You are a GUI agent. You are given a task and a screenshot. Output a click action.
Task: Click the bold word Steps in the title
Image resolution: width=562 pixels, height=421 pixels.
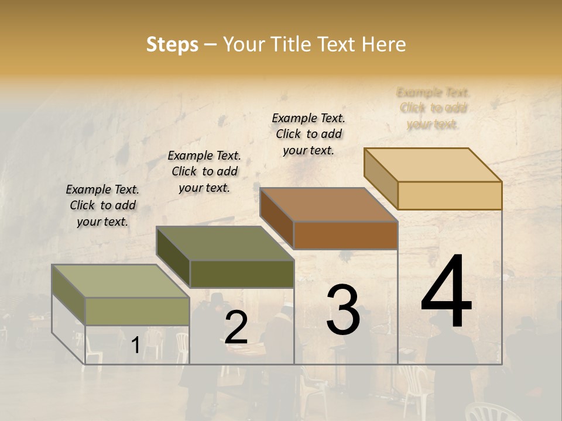[172, 44]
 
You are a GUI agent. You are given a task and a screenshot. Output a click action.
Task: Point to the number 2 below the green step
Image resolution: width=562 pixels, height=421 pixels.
[236, 327]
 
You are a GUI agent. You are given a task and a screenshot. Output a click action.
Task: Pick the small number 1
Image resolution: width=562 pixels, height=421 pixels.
[135, 345]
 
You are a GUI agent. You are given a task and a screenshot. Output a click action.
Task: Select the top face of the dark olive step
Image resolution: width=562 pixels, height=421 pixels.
[225, 243]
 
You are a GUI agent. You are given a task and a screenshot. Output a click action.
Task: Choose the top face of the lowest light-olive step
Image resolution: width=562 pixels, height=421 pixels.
[121, 281]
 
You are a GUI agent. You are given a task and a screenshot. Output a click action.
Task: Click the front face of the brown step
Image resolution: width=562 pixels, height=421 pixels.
[345, 235]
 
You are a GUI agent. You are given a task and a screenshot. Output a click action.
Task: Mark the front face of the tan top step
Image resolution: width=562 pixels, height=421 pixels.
[450, 195]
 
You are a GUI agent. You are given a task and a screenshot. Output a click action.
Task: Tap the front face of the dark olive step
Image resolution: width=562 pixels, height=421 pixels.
[242, 274]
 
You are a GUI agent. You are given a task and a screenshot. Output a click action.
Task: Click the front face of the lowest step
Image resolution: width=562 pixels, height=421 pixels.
[137, 311]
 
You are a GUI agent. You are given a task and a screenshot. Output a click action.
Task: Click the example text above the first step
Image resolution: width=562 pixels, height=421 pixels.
[102, 205]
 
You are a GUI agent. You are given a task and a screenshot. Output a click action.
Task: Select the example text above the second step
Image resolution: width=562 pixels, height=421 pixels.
[204, 171]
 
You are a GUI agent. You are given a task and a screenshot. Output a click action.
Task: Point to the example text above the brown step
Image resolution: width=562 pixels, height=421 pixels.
[309, 134]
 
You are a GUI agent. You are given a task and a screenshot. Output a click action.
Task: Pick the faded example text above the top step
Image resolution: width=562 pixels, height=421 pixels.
[433, 108]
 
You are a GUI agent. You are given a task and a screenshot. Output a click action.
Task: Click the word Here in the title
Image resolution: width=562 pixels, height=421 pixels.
[384, 44]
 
